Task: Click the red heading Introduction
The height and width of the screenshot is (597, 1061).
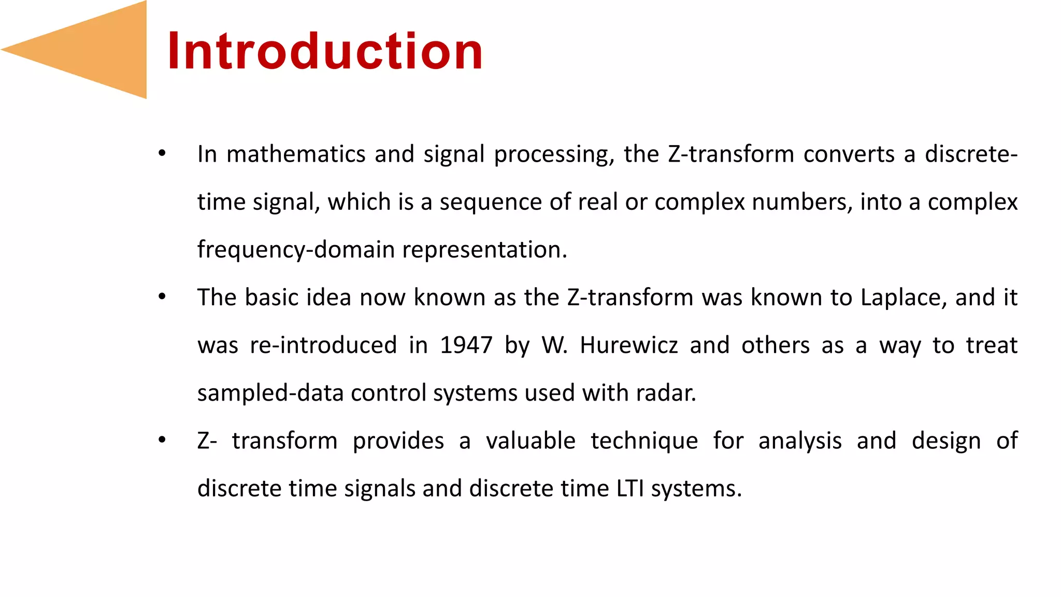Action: pos(325,51)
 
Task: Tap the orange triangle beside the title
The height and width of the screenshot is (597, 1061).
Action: pos(98,50)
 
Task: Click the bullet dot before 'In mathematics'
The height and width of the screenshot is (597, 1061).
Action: pos(162,153)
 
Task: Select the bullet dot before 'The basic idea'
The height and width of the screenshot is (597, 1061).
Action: pos(162,297)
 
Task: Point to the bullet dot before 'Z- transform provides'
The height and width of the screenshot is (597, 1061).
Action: pos(162,440)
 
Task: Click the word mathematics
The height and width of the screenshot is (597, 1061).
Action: pos(296,154)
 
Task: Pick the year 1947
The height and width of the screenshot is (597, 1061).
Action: pos(466,345)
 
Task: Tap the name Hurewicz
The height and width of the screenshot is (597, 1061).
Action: pos(628,345)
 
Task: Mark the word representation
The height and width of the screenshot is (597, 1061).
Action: pos(484,250)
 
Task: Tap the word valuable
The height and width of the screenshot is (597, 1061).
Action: pos(530,440)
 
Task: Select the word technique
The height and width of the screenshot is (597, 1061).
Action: pos(644,440)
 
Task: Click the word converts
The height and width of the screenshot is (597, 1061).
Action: pos(849,154)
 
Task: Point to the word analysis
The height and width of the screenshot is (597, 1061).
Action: pos(800,440)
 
